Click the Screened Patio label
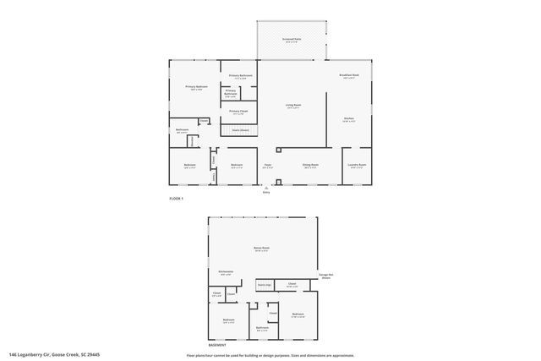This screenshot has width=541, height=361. click(x=291, y=40)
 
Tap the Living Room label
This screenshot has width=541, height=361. click(x=292, y=106)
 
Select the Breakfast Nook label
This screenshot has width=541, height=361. click(x=349, y=75)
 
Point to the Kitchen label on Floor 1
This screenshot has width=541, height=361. click(x=348, y=119)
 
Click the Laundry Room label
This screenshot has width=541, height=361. click(x=357, y=165)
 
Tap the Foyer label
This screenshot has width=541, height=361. click(x=267, y=165)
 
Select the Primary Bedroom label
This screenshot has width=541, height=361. click(x=196, y=87)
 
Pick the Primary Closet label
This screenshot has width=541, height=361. click(x=238, y=112)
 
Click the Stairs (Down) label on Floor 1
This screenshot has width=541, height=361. click(x=240, y=130)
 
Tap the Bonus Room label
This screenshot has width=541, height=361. click(x=261, y=249)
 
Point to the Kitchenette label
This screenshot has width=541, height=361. click(x=226, y=272)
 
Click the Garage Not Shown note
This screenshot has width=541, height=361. click(x=325, y=276)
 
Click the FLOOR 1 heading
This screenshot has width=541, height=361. click(x=176, y=198)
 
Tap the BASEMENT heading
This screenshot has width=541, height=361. click(x=218, y=345)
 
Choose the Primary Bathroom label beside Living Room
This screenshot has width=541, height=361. click(x=240, y=77)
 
